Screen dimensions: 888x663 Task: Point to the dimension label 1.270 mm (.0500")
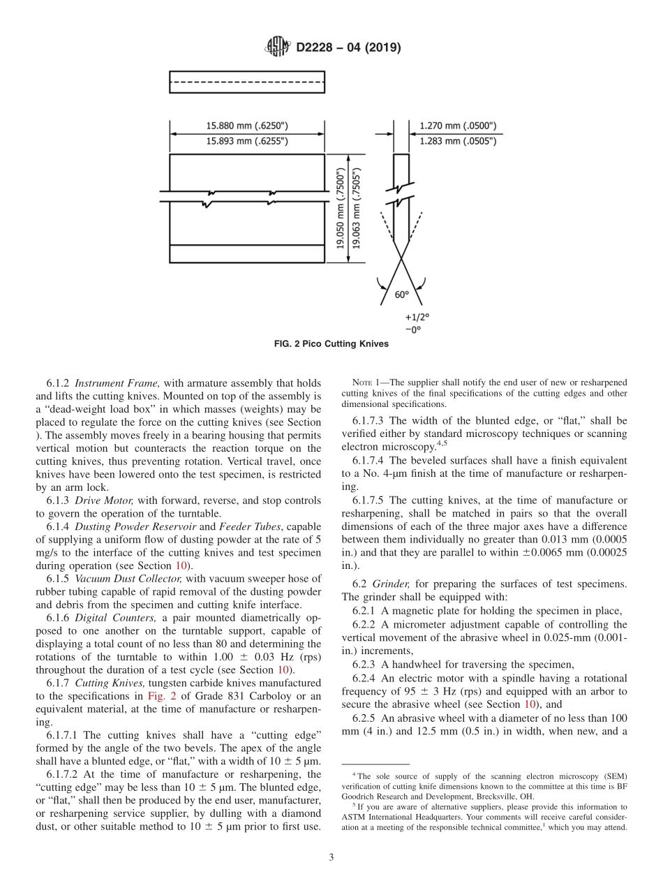coord(458,126)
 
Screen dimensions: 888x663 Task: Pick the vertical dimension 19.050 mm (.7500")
coord(340,208)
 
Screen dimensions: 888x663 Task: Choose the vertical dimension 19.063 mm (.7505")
coord(355,208)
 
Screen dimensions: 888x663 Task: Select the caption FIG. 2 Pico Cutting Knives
coord(331,344)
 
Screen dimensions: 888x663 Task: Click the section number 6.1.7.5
coord(368,501)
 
